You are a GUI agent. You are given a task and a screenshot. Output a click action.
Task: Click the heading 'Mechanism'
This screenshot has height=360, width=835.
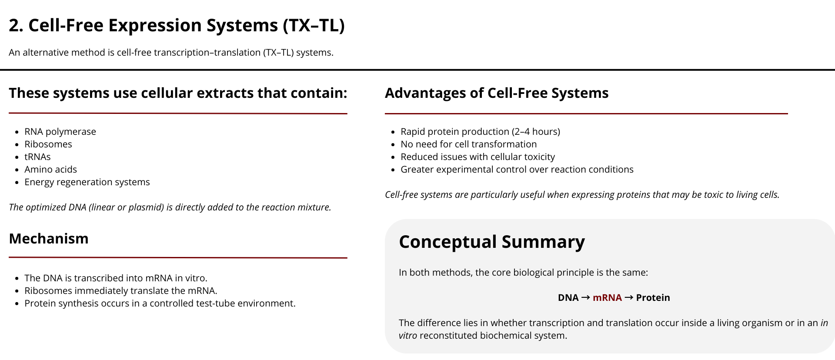click(x=49, y=239)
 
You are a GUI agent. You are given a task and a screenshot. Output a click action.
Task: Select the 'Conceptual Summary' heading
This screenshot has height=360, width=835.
click(x=492, y=242)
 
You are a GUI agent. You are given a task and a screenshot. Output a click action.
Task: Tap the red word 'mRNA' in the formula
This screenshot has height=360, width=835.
click(x=607, y=298)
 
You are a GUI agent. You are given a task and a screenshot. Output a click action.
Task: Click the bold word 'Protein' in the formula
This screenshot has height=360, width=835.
click(x=653, y=298)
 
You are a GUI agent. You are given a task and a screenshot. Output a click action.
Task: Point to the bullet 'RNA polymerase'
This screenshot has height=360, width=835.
click(x=60, y=132)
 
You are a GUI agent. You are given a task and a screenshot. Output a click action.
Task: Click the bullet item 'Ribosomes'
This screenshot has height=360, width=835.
click(x=48, y=144)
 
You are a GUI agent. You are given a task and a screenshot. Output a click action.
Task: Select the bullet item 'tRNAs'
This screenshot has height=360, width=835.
click(x=37, y=157)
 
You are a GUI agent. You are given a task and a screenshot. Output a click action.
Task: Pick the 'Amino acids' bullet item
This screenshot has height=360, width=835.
click(x=50, y=170)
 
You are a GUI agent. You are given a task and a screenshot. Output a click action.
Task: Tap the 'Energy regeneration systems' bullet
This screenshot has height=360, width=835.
click(x=87, y=182)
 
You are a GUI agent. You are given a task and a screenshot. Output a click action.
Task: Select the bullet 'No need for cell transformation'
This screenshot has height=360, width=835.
click(x=468, y=144)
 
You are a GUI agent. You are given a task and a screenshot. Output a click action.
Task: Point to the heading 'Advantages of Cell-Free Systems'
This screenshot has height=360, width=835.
click(x=497, y=93)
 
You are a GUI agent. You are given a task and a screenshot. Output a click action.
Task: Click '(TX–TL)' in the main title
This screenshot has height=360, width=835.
click(x=314, y=26)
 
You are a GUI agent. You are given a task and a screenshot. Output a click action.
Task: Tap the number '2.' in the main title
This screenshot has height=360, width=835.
click(x=16, y=26)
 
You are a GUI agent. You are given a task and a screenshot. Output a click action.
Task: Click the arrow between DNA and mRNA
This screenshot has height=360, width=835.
click(x=585, y=298)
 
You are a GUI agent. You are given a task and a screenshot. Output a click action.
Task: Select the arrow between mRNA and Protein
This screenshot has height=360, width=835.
click(x=629, y=298)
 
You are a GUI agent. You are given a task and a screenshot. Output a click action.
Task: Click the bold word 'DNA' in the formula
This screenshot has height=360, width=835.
click(x=568, y=298)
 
